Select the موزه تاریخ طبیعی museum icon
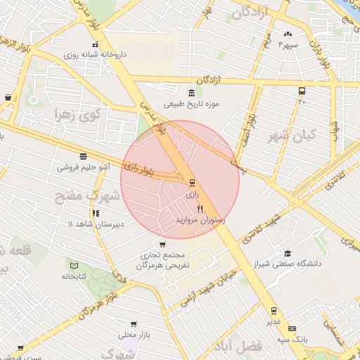[191, 94]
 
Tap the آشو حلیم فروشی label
[84, 168]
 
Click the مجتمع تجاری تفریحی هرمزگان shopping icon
[163, 244]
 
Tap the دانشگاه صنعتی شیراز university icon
[287, 254]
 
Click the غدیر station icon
[273, 310]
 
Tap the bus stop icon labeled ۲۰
[302, 91]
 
